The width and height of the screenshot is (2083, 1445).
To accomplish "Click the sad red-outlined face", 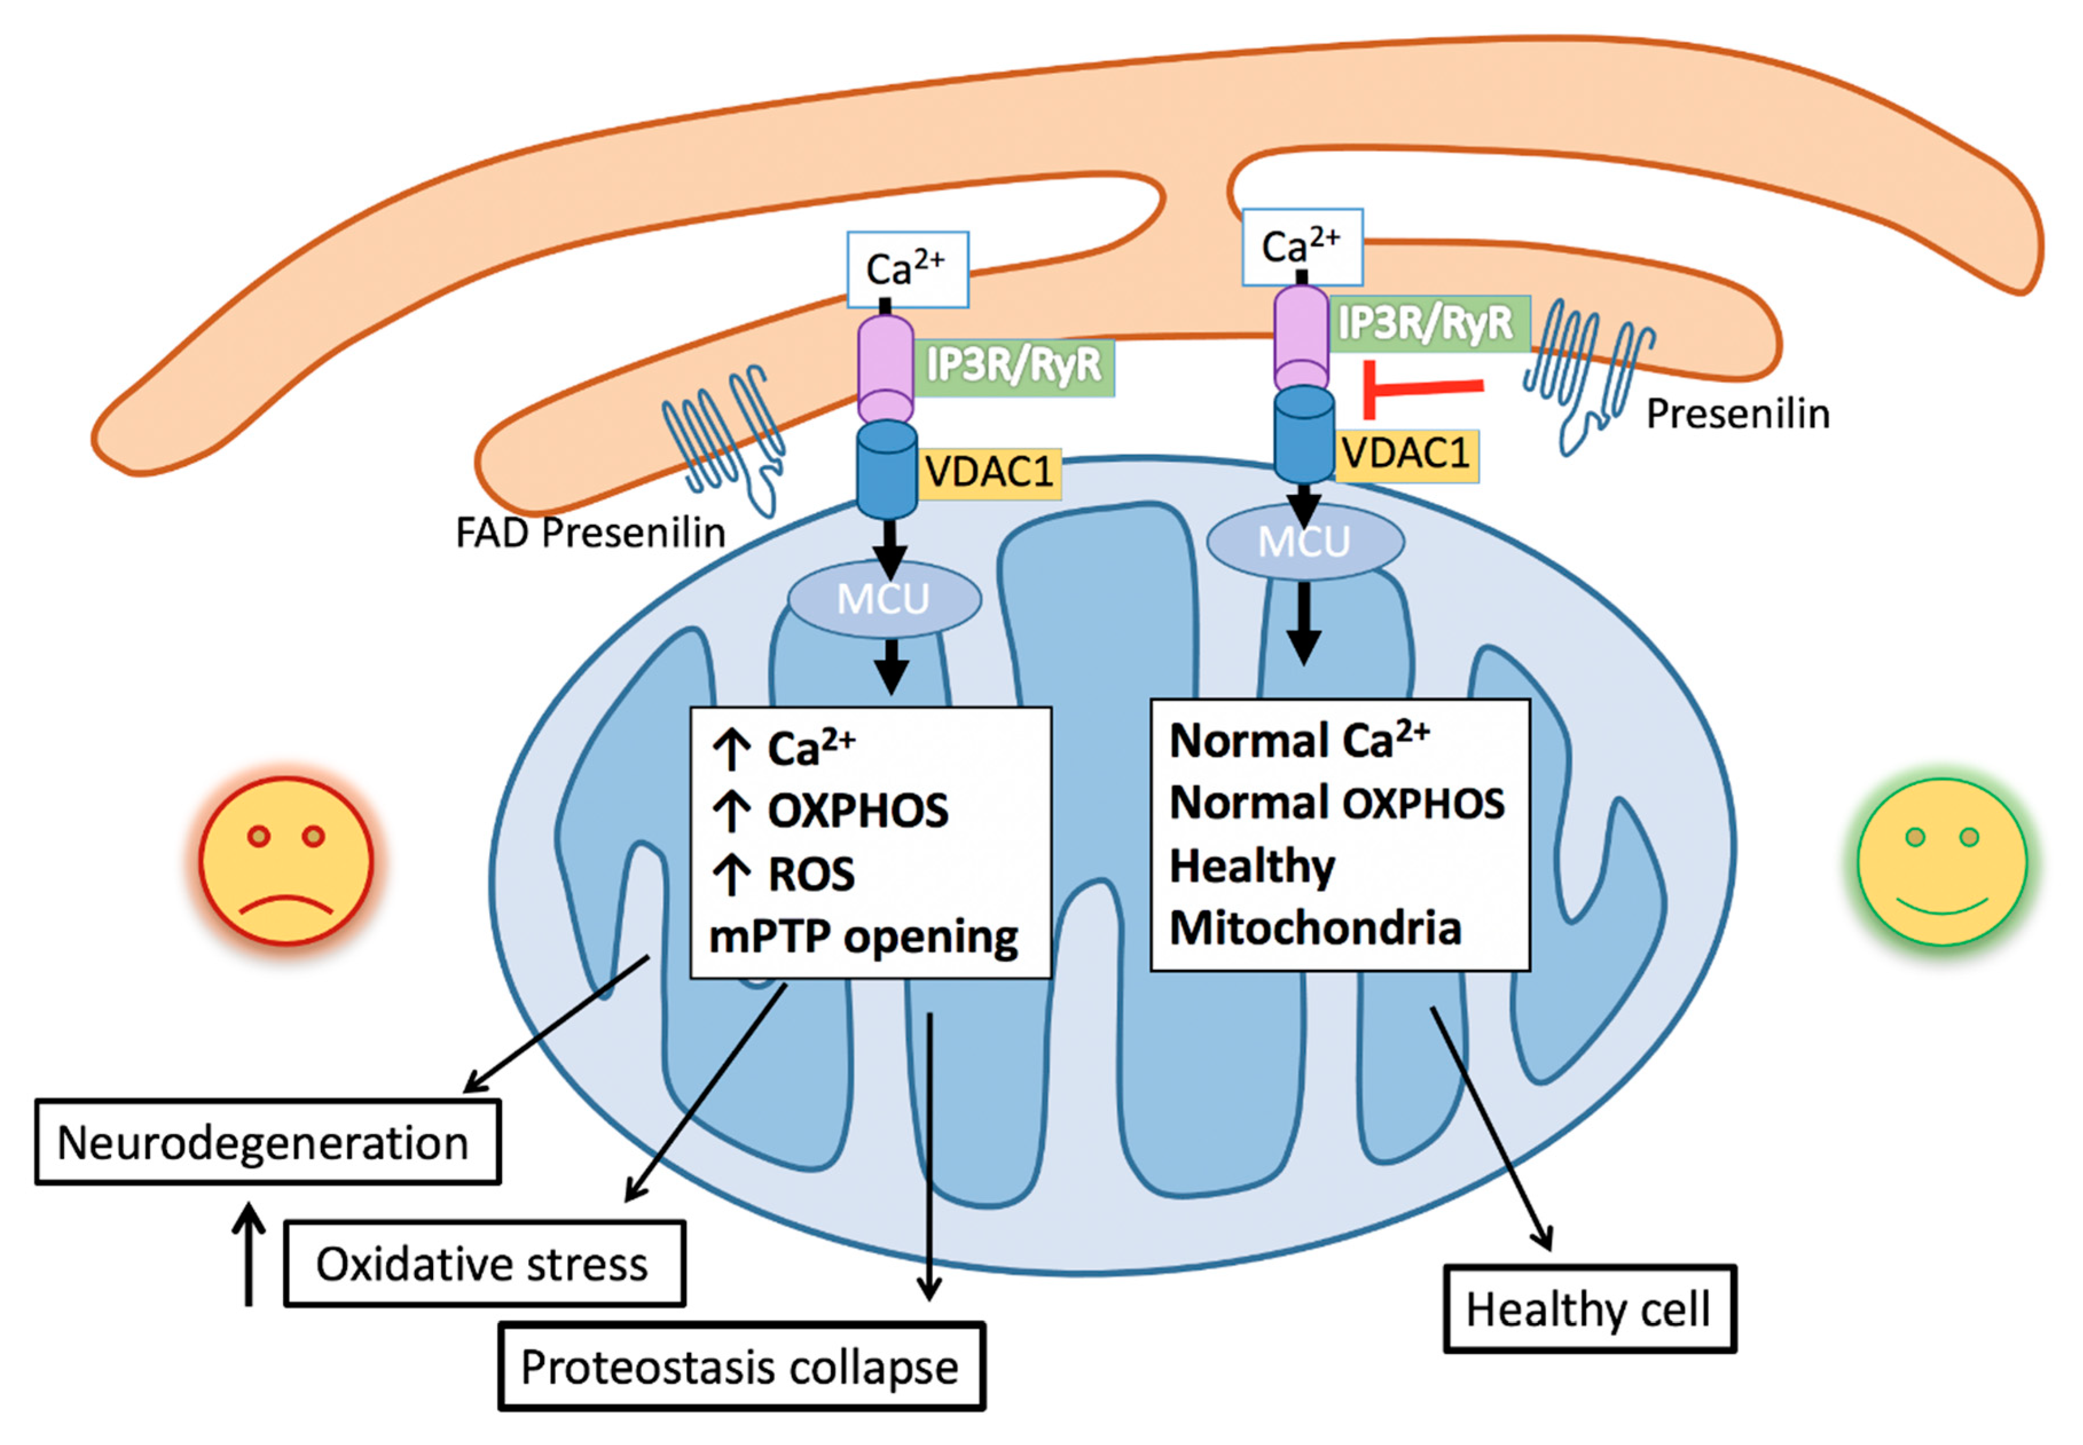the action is click(286, 861).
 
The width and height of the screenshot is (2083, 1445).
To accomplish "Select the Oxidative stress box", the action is click(485, 1263).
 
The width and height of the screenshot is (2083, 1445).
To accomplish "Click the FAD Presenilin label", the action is click(591, 533).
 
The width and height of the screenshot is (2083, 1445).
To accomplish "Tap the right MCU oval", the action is click(1305, 541).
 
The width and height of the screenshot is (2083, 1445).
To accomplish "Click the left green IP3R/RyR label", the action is click(1013, 366).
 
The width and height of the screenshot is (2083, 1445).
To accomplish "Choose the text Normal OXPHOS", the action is click(1337, 802).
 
